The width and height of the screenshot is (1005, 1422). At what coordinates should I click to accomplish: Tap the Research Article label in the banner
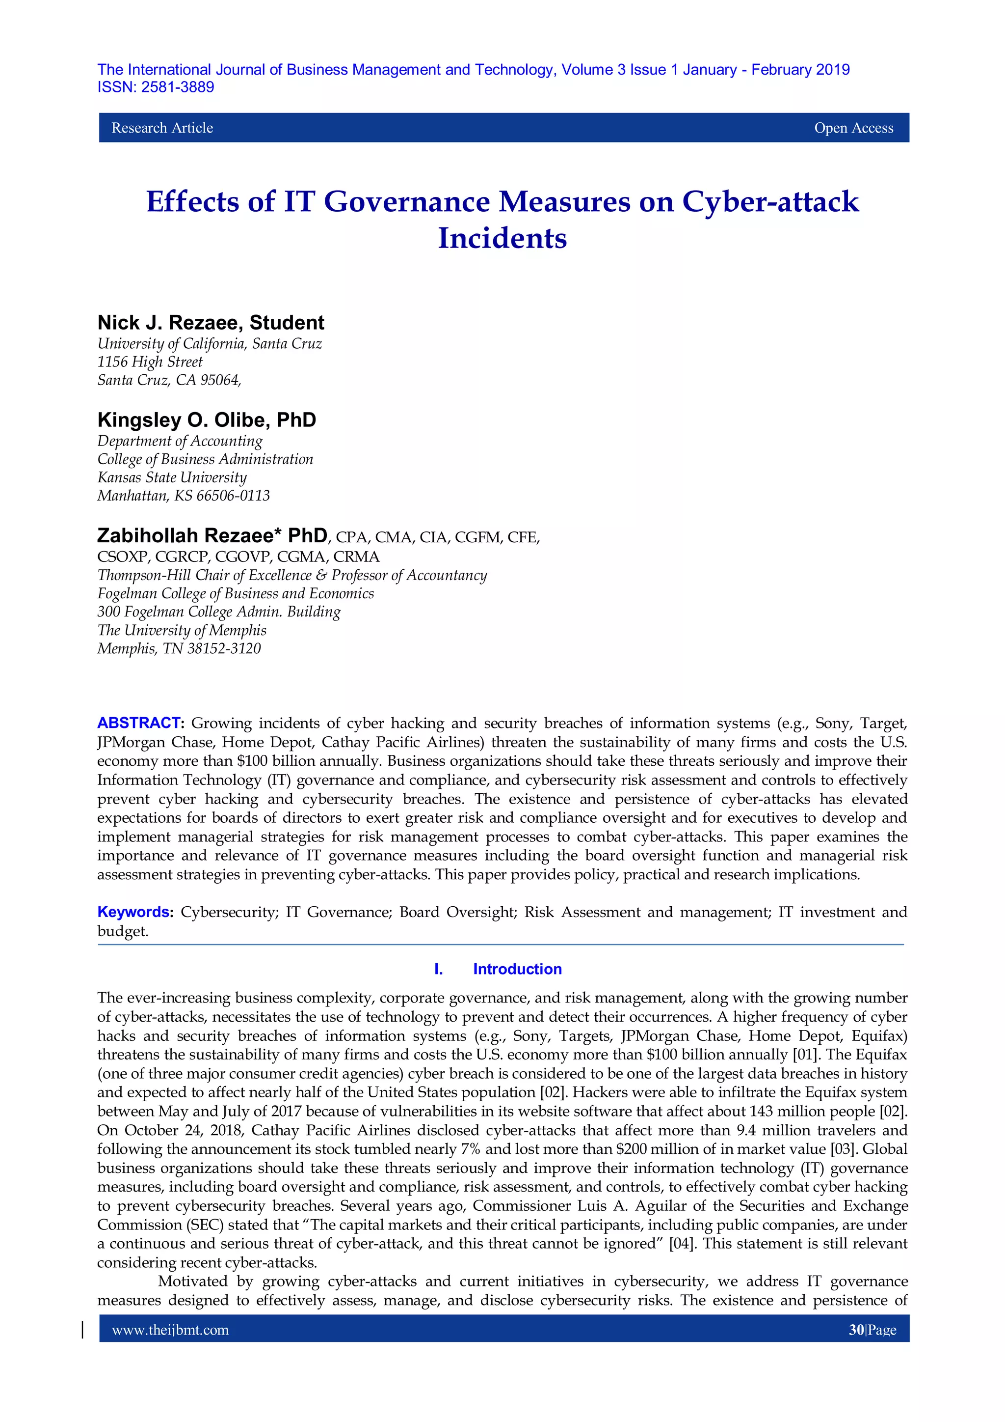(162, 128)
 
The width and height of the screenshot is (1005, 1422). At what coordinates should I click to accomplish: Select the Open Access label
(853, 128)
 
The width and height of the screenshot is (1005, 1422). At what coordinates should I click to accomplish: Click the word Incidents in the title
(502, 238)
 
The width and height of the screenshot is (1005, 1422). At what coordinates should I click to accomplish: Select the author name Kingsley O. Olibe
(183, 420)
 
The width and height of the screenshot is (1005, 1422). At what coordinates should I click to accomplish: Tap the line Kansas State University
(172, 477)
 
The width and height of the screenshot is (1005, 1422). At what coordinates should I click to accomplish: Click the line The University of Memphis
(182, 631)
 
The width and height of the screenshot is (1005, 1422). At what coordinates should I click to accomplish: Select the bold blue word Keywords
(133, 912)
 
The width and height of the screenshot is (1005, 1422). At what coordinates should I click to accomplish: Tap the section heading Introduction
(517, 969)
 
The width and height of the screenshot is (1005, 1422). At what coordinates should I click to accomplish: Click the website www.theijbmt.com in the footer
(170, 1330)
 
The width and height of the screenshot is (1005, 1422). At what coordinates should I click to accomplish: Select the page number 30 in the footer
(856, 1330)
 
